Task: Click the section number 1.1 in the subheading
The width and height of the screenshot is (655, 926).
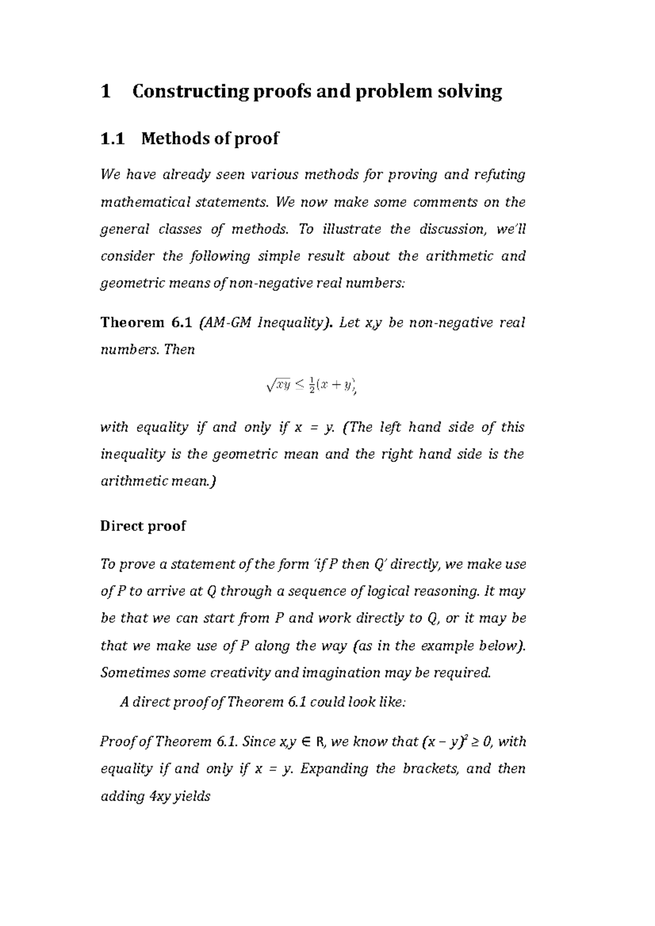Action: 113,139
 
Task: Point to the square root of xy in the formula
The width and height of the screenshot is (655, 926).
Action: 277,386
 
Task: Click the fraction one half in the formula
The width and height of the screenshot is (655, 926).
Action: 311,386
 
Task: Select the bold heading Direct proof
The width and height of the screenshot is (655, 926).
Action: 143,526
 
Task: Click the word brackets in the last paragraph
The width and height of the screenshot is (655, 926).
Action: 431,769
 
